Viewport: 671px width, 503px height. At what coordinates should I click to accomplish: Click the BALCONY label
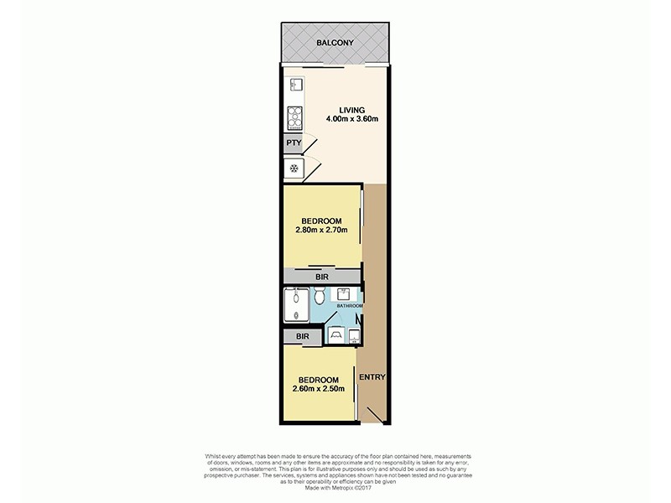335,43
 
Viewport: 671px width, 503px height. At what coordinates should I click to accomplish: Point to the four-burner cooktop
294,117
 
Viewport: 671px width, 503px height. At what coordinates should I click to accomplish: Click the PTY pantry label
293,143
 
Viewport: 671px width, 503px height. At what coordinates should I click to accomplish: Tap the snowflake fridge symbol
294,169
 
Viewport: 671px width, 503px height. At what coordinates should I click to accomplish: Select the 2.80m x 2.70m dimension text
321,231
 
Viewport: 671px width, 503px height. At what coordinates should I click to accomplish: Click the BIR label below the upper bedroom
321,275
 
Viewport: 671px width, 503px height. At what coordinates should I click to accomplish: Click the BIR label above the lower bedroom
303,336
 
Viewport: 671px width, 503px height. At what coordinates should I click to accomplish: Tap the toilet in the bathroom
318,298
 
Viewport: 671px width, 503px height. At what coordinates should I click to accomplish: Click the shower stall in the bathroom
296,305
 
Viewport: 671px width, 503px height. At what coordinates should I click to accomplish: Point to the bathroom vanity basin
344,293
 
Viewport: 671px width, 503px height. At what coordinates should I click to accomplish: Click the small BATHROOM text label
350,307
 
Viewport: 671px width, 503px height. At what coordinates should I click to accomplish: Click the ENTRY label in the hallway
372,377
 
